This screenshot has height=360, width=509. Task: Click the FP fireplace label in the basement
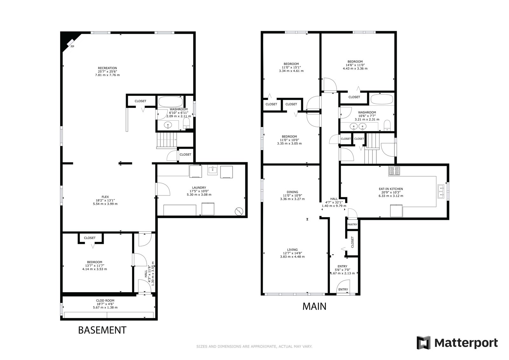[x=72, y=46]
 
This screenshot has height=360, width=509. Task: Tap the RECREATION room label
[x=108, y=68]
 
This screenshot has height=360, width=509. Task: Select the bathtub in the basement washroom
[x=171, y=102]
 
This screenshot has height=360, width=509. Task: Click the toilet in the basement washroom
[x=186, y=123]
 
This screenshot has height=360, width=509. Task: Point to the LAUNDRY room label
[x=199, y=187]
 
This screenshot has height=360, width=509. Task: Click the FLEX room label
[x=105, y=197]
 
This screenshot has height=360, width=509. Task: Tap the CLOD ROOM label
[x=105, y=300]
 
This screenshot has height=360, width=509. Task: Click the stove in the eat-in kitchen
[x=394, y=171]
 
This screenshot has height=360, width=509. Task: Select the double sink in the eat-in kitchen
[x=441, y=192]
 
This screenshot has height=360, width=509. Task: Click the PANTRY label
[x=352, y=224]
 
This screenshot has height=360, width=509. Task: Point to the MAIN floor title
[x=314, y=307]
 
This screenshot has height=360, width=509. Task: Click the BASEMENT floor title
[x=102, y=330]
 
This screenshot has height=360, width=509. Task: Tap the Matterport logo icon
[x=423, y=342]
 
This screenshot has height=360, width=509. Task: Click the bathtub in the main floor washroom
[x=382, y=99]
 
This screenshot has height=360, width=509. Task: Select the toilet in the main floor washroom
[x=387, y=125]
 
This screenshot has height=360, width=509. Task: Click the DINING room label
[x=292, y=192]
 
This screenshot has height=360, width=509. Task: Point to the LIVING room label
[x=292, y=250]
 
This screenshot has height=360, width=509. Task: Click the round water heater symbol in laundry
[x=239, y=211]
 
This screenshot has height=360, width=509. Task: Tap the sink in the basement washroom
[x=168, y=125]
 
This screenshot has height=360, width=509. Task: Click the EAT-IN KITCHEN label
[x=391, y=189]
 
